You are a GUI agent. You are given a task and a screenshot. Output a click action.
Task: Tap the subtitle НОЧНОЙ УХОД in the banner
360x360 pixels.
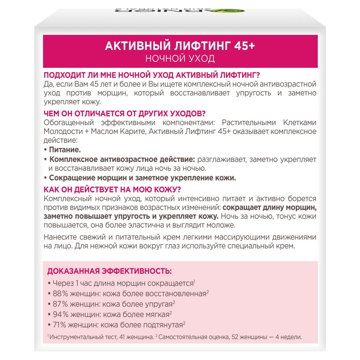(180, 58)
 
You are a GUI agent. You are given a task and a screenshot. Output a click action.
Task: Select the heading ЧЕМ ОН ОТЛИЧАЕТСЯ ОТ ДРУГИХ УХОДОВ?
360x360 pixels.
(124, 114)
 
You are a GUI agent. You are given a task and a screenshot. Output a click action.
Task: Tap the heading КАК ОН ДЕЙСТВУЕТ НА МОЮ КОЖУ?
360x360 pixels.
(112, 189)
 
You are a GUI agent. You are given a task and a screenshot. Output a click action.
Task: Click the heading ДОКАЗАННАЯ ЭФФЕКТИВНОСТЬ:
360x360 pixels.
(109, 271)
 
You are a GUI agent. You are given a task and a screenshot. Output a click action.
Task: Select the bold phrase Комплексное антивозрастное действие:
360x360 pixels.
(122, 159)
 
